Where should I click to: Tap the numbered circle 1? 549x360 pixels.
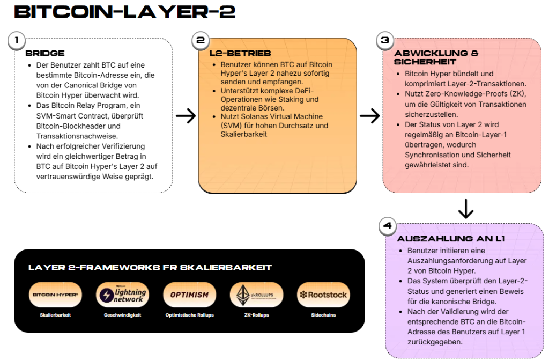click(x=17, y=40)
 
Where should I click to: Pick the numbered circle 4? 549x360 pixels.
click(x=387, y=225)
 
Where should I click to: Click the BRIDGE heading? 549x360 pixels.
click(x=45, y=53)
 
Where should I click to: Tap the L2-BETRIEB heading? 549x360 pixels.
click(x=240, y=53)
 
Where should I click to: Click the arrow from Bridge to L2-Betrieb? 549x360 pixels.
click(x=186, y=116)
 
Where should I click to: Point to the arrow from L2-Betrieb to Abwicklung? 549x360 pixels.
click(x=369, y=116)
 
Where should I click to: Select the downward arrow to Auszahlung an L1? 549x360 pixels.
click(x=466, y=208)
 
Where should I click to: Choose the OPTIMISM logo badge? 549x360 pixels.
click(x=189, y=295)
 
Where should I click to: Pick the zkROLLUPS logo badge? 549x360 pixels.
click(x=256, y=295)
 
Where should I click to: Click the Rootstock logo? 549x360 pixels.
click(x=323, y=295)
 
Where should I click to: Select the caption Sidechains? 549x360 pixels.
click(x=323, y=315)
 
